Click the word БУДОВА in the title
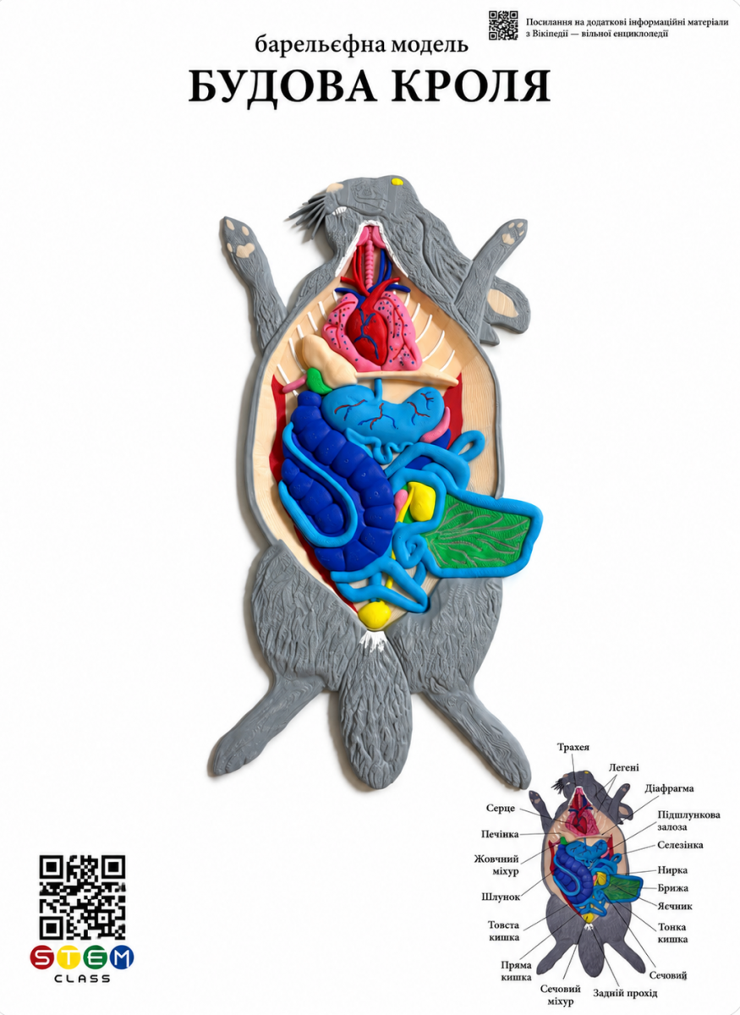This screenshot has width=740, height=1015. (x=282, y=86)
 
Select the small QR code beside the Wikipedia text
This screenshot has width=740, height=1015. (x=503, y=25)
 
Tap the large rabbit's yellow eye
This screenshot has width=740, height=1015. (x=397, y=182)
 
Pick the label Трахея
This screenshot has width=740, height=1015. (x=573, y=747)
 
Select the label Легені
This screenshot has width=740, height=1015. (x=623, y=768)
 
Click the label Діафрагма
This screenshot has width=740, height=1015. (x=669, y=789)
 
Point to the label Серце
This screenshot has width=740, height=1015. (x=501, y=809)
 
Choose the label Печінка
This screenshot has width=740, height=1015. (x=500, y=834)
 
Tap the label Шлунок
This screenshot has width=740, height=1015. (x=501, y=896)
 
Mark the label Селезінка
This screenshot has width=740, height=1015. (x=680, y=845)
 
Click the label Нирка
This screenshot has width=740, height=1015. (x=672, y=870)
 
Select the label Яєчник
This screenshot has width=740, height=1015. (x=675, y=906)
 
